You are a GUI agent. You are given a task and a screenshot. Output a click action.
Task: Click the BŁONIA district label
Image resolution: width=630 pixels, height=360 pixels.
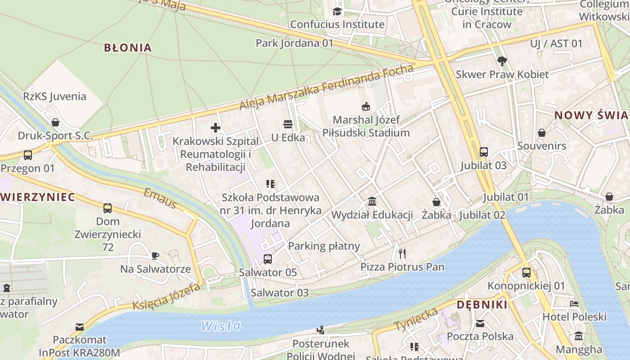128,48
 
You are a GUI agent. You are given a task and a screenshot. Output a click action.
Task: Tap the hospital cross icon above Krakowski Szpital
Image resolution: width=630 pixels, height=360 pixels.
216,128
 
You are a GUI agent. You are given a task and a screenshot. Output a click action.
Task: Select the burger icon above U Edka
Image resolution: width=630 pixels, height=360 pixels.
288,124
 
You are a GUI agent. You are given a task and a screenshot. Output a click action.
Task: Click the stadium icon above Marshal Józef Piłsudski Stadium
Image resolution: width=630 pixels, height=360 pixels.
366,107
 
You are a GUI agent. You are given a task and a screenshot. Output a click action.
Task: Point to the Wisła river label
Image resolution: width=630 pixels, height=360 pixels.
220,325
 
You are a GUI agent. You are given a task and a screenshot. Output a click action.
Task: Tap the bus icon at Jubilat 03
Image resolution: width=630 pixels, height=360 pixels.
484,152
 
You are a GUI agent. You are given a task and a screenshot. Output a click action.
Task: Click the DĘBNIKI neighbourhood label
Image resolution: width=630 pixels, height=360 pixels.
482,305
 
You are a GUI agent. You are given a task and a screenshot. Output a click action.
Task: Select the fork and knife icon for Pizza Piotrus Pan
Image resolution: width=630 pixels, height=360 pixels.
402,254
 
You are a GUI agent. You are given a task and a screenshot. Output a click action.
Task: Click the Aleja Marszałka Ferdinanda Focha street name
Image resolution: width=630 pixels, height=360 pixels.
326,88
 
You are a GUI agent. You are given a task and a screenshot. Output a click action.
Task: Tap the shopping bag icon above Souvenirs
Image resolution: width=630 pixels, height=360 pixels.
542,133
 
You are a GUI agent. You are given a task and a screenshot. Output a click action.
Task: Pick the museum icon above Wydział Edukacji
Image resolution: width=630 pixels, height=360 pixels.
372,201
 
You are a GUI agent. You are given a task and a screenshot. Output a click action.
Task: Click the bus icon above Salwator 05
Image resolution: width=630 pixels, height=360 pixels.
268,259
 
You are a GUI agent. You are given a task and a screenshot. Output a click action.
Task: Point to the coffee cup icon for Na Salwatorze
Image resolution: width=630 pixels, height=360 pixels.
155,256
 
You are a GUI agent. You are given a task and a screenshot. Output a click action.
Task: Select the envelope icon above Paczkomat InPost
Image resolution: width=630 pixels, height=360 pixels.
80,327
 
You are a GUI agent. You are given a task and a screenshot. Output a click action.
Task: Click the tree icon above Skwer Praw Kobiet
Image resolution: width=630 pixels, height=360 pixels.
502,61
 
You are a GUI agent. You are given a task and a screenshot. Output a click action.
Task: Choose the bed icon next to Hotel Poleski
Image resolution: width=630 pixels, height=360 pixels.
574,303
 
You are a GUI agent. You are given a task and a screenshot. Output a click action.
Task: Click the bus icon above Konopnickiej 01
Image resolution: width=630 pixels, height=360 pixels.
526,272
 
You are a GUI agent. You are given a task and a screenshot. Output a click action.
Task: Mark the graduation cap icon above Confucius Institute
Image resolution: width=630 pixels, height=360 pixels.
337,11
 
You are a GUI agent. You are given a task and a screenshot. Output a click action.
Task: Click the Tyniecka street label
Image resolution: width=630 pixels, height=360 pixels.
416,319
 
